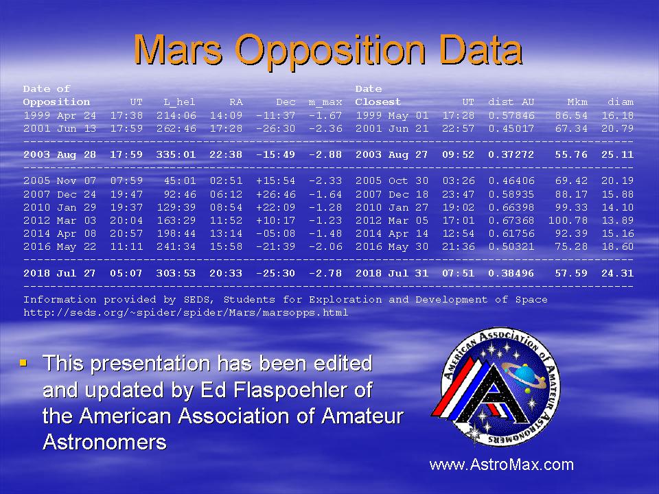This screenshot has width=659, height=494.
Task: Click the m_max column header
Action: [x=325, y=102]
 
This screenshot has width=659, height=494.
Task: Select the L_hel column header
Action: [x=179, y=102]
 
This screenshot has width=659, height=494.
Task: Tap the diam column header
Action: [x=621, y=102]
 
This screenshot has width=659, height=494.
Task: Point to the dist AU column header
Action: [x=511, y=102]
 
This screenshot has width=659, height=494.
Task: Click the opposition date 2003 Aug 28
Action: [x=60, y=154]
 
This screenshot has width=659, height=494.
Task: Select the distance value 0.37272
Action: [x=511, y=154]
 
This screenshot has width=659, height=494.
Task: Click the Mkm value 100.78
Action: [x=568, y=220]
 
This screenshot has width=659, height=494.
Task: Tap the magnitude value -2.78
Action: [x=325, y=273]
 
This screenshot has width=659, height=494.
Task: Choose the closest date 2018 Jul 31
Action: [x=392, y=273]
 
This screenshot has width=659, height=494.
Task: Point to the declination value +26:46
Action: [x=276, y=194]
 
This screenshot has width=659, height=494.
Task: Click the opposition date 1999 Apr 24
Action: [x=60, y=115]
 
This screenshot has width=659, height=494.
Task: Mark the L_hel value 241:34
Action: [x=176, y=246]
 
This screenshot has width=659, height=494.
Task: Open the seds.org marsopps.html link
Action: [x=186, y=313]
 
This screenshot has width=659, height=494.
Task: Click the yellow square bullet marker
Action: [x=23, y=362]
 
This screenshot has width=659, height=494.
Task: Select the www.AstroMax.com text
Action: [x=501, y=464]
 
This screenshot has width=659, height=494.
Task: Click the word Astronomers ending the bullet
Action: [x=104, y=442]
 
